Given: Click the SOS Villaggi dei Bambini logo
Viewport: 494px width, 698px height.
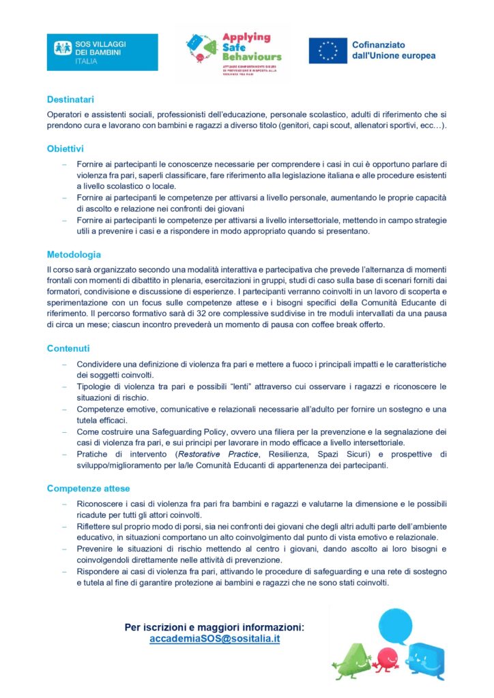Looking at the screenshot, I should point(102,52).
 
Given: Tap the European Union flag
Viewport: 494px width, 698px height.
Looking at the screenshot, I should point(328,51).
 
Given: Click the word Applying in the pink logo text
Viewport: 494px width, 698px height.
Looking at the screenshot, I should point(247,37).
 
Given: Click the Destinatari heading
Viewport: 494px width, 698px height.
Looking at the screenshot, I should point(70,99).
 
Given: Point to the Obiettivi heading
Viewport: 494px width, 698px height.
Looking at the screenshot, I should point(66,148).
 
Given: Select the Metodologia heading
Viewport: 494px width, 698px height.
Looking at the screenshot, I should point(74,254).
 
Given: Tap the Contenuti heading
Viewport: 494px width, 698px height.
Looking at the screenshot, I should point(68,348).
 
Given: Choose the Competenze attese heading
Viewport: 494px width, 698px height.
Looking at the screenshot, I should point(88,488).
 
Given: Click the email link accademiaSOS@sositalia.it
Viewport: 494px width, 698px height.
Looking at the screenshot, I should point(214,639).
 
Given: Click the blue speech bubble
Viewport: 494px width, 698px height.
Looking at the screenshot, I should point(395,625).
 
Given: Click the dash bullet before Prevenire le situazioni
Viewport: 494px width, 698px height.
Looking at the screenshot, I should point(64,549).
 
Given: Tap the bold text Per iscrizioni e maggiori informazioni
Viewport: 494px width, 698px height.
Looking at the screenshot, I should point(214,627).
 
